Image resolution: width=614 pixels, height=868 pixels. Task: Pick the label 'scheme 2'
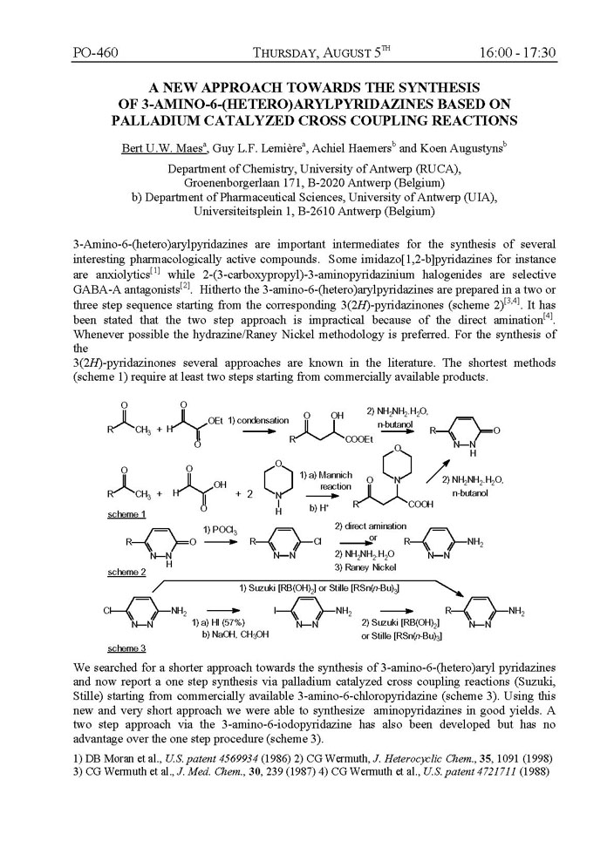tap(125, 573)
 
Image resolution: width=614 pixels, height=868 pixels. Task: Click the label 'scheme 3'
tap(125, 648)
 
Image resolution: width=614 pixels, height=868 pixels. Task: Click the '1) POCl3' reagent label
tap(217, 530)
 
